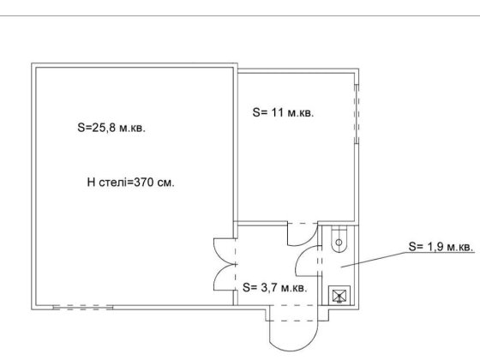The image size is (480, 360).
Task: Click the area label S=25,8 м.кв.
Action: tap(111, 128)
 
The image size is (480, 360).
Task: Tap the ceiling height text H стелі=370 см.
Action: tap(130, 183)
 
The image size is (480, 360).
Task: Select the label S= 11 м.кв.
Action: tap(283, 112)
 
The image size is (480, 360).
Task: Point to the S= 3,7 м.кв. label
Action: tap(274, 287)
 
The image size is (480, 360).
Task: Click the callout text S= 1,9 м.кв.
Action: tap(441, 247)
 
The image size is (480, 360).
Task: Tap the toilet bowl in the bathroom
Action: tap(339, 239)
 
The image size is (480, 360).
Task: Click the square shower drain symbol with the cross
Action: tap(339, 296)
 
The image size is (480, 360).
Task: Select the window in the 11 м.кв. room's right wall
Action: tap(357, 114)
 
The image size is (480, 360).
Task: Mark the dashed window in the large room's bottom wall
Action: tap(83, 308)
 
